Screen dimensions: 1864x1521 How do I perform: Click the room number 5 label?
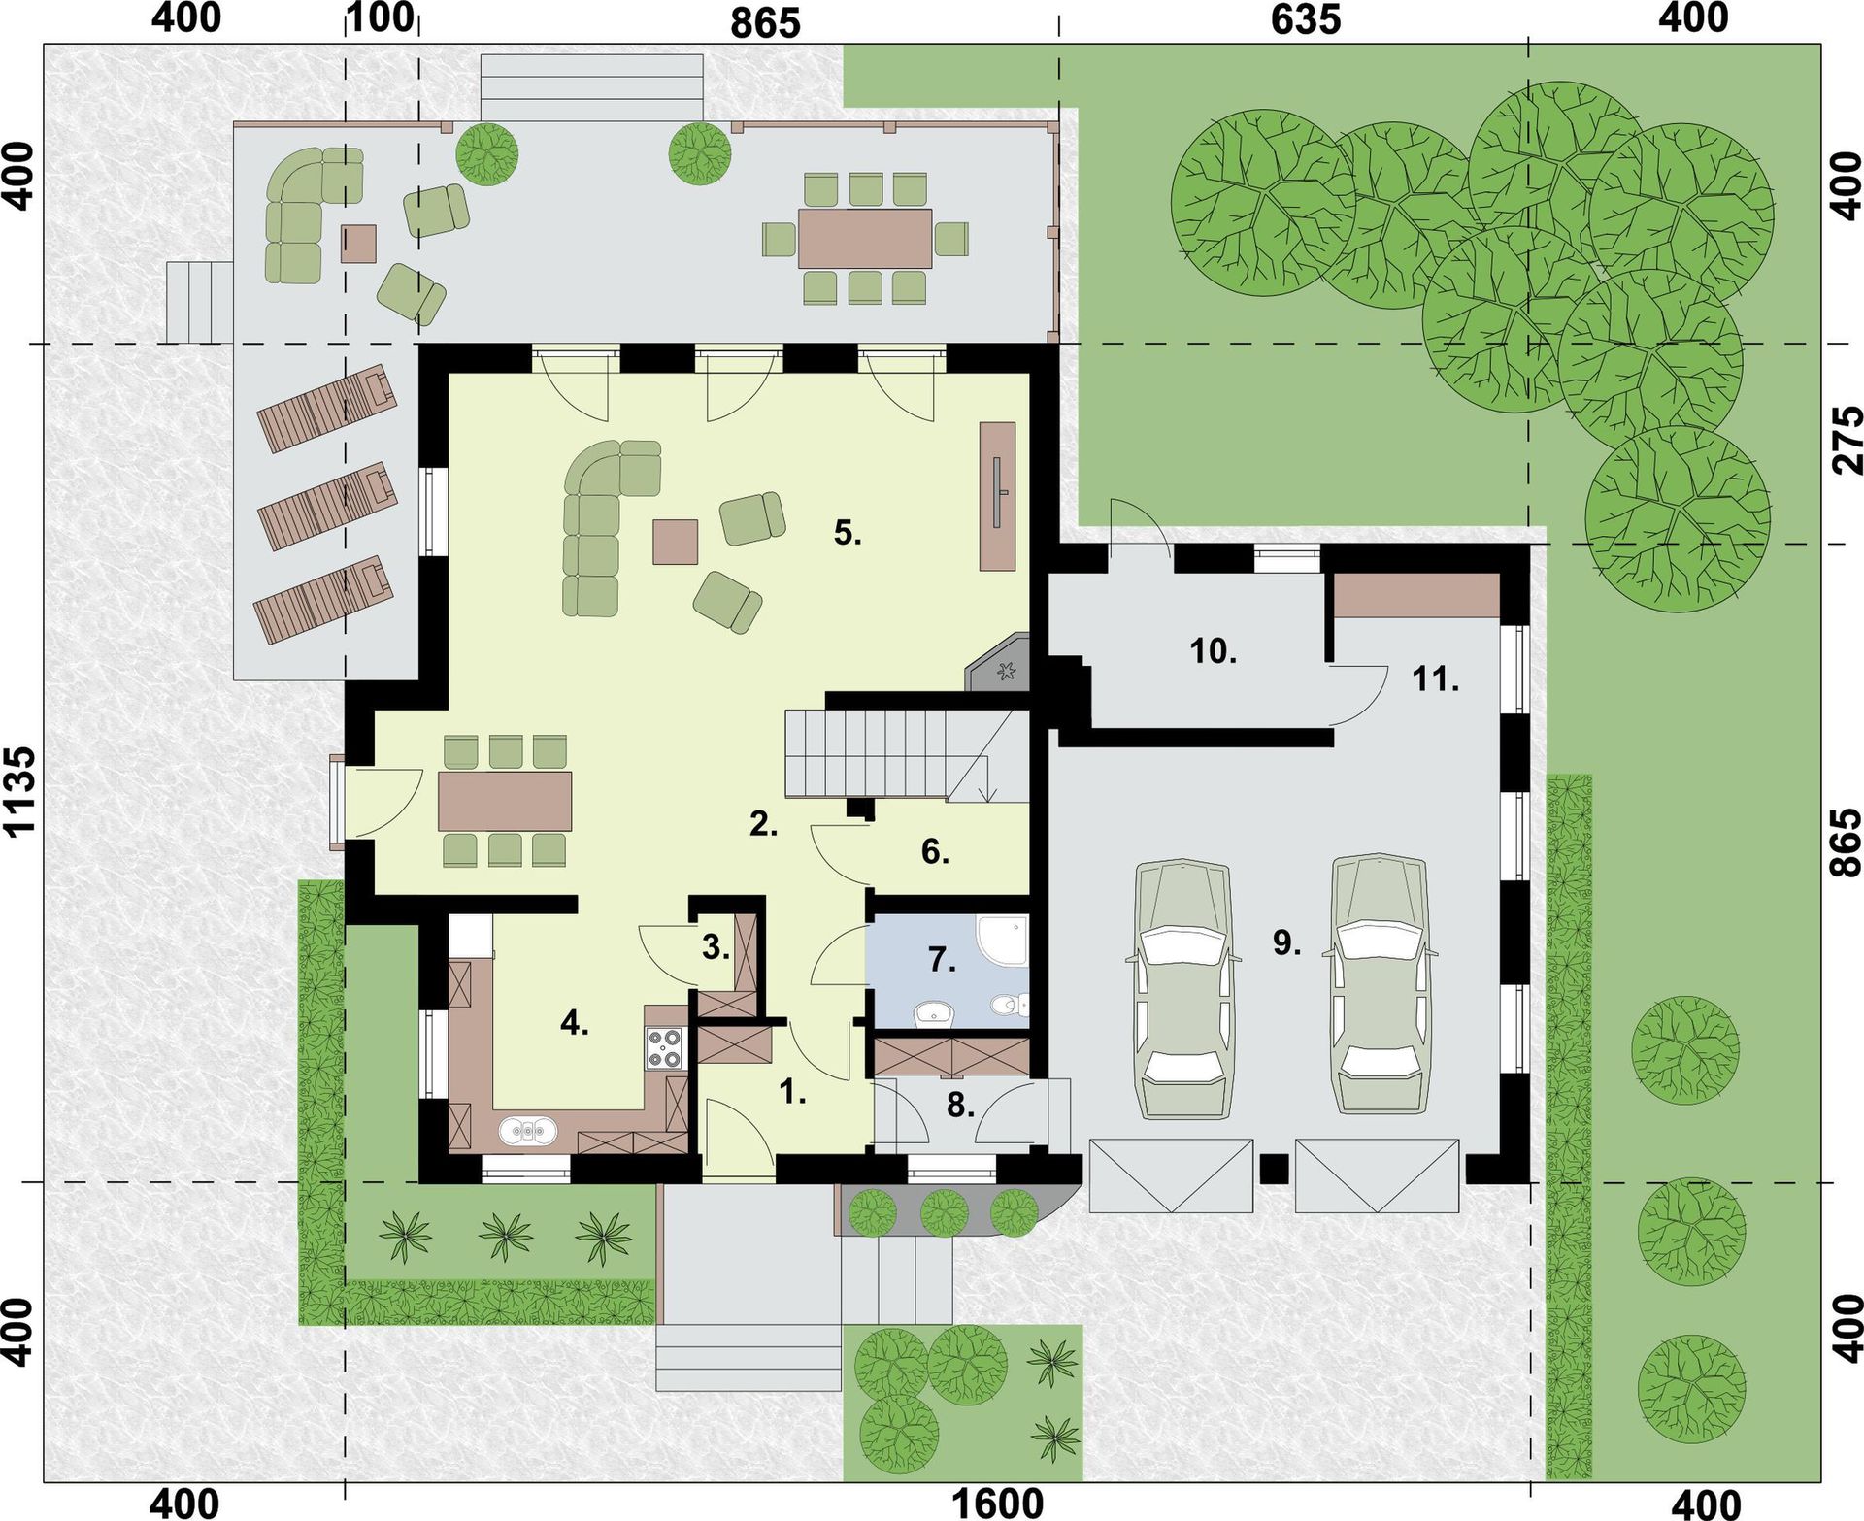pos(848,532)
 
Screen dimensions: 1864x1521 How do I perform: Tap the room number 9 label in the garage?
pos(1286,942)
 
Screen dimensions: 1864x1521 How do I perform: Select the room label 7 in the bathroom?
pos(942,960)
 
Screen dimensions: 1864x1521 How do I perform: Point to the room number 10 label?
pos(1214,650)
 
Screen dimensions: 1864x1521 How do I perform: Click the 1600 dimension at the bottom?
pos(997,1504)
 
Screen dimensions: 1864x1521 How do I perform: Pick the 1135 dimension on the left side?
pos(19,791)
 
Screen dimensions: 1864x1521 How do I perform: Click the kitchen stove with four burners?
pos(666,1049)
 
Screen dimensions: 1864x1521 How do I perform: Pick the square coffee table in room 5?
pos(676,542)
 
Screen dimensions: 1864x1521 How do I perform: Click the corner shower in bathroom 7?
pos(1001,941)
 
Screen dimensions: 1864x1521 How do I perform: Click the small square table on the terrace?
pos(358,244)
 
